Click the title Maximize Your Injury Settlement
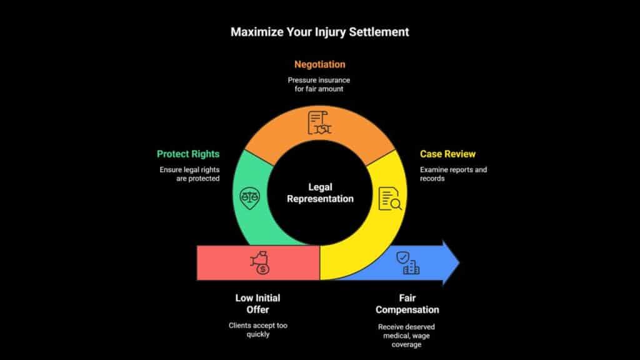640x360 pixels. [319, 32]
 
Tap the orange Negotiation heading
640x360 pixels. [319, 64]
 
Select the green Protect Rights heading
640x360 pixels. [188, 154]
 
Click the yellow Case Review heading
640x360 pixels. [448, 154]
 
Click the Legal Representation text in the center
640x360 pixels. [319, 192]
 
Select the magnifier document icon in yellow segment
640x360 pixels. [391, 199]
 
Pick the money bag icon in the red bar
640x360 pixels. [259, 262]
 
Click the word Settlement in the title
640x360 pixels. [379, 32]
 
